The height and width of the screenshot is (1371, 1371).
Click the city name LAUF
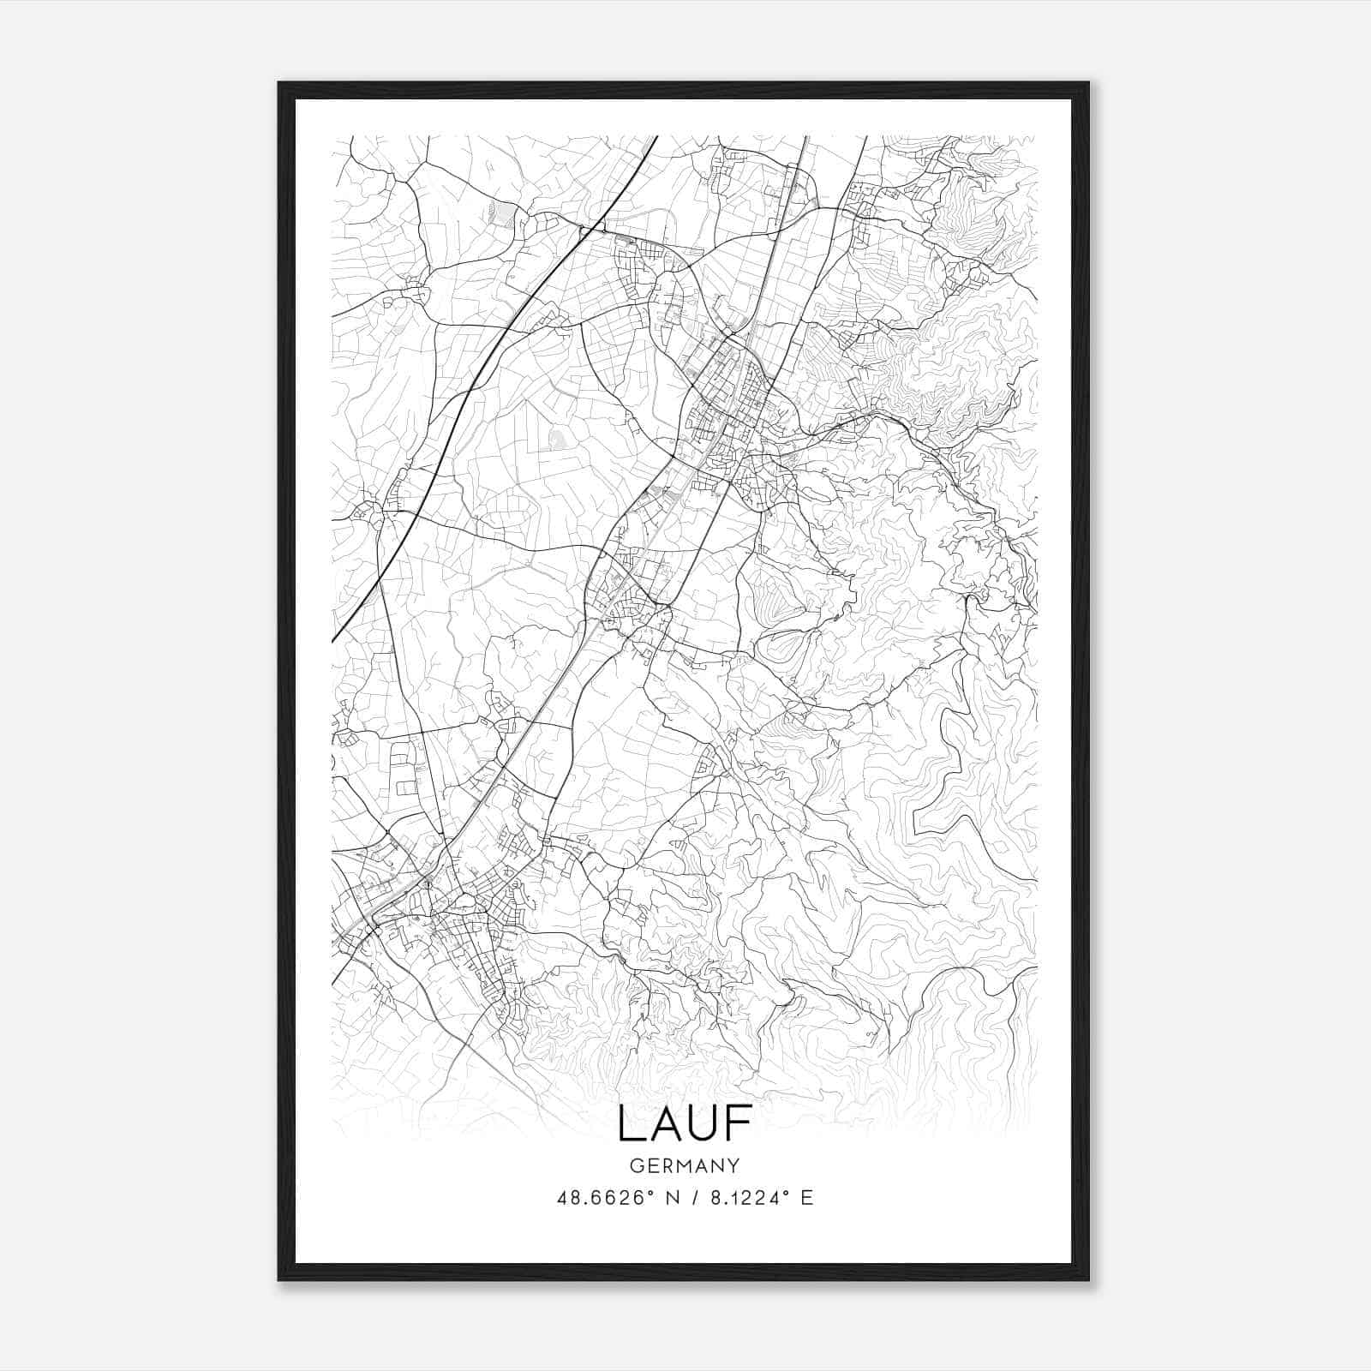tap(685, 1123)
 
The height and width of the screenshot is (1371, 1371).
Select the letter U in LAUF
tap(704, 1123)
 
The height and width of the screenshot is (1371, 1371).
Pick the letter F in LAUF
tap(739, 1123)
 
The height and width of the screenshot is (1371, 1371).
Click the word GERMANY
tap(685, 1165)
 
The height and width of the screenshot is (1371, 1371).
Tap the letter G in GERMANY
tap(637, 1165)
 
